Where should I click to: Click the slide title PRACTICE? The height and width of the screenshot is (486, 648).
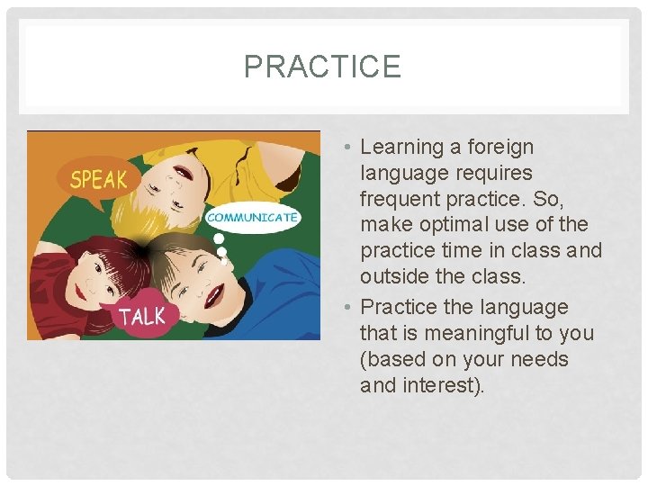pos(322,66)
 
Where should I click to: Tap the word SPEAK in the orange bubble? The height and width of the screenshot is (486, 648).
pos(98,180)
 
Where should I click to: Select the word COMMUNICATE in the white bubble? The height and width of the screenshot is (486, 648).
pos(252,218)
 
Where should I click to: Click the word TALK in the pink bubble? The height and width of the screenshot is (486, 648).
pos(142,317)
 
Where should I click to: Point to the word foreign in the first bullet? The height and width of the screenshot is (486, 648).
pos(500,148)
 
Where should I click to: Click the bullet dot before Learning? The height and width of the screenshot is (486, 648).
pos(347,147)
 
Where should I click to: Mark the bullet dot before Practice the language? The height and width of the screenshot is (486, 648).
pos(347,307)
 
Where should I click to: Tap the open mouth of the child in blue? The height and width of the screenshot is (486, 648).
pos(214,296)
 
